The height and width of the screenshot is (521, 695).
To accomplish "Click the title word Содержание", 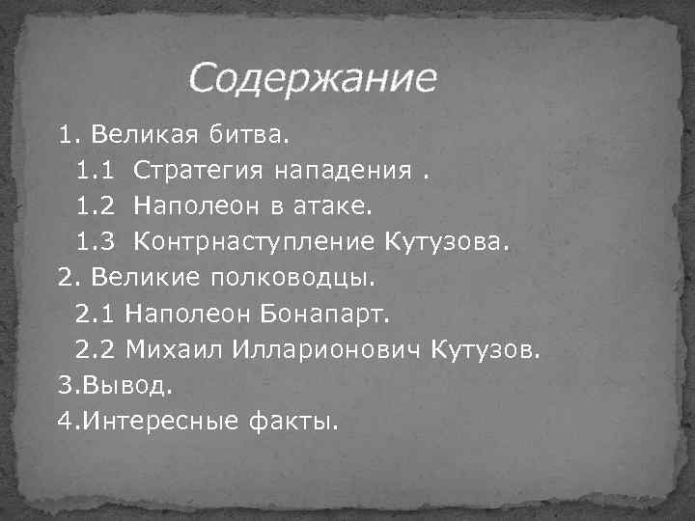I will pyautogui.click(x=312, y=78).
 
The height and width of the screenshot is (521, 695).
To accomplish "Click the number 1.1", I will pyautogui.click(x=96, y=172).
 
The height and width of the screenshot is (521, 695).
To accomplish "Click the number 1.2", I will pyautogui.click(x=96, y=206).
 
